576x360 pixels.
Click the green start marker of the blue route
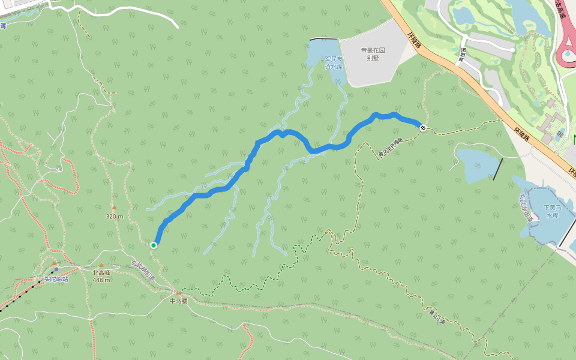[x=154, y=245]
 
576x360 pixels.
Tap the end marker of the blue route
[x=423, y=127]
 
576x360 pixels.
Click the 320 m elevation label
[x=115, y=216]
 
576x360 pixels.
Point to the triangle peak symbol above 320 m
[x=114, y=208]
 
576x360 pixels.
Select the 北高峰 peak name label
[x=101, y=272]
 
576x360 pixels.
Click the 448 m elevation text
[x=101, y=280]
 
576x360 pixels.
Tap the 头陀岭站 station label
[x=56, y=279]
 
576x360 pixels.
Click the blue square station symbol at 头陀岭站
[x=56, y=269]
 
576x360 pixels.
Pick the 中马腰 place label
[x=178, y=301]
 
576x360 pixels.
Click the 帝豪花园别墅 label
[x=373, y=54]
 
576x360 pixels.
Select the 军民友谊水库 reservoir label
[x=333, y=62]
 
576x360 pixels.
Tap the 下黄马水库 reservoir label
[x=551, y=211]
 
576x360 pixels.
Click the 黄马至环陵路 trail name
[x=391, y=147]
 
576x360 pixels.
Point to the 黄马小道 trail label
[x=437, y=316]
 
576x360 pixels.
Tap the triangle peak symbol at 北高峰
[x=101, y=265]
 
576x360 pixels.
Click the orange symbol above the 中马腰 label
[x=178, y=293]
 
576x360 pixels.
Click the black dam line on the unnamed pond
[x=497, y=169]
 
